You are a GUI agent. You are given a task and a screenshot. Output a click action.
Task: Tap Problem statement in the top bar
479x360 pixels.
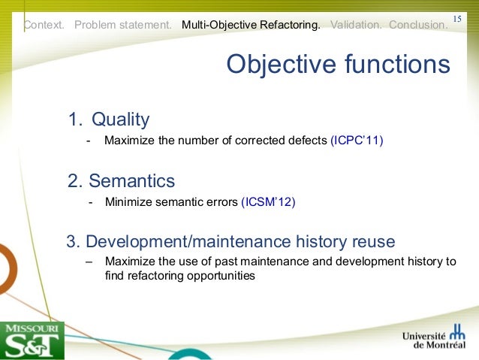coord(122,25)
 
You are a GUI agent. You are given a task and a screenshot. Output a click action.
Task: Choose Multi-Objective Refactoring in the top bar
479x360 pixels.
coord(251,25)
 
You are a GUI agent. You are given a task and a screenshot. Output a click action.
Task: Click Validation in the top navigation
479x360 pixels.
coord(356,25)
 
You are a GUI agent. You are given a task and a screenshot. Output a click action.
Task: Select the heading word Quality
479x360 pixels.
coord(120,119)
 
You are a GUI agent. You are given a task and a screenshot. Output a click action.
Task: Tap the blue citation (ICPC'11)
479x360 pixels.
coord(357,140)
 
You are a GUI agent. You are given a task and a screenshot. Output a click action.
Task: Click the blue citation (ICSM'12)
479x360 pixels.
coord(268,201)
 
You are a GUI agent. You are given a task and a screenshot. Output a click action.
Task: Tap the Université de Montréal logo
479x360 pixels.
coord(434,340)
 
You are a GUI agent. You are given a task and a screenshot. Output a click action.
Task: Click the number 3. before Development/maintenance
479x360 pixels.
coord(74,242)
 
